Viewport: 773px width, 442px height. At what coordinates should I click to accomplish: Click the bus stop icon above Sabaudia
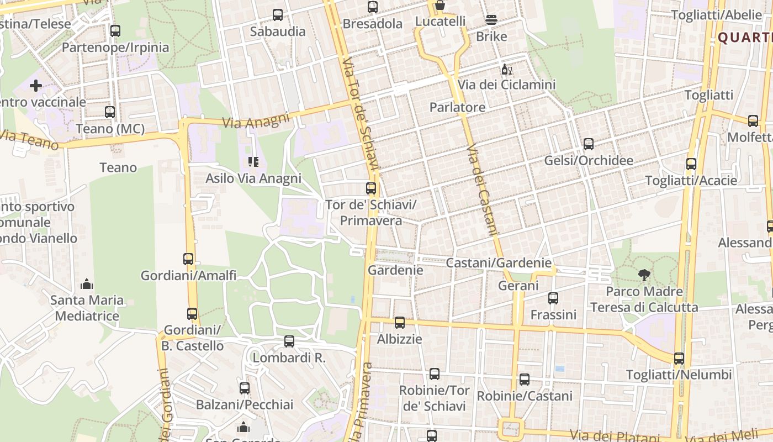tap(278, 15)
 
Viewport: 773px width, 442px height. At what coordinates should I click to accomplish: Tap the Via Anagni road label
tap(256, 120)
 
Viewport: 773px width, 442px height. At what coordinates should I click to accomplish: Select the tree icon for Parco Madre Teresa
tap(644, 275)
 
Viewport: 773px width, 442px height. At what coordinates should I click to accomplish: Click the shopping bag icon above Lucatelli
tap(440, 6)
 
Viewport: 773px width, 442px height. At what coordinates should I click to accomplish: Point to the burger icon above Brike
tap(491, 20)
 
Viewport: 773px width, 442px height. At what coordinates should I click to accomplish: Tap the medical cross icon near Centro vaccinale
tap(36, 86)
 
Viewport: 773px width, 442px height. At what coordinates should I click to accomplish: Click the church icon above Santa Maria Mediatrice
tap(86, 284)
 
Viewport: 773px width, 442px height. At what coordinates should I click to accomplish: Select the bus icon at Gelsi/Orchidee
tap(589, 144)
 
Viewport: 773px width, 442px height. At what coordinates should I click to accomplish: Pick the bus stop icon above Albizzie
tap(400, 323)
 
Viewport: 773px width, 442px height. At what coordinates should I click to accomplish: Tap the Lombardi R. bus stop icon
tap(289, 341)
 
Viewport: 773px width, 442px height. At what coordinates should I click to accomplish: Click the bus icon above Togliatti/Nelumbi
tap(679, 359)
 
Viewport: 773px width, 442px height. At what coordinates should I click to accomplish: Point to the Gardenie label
tap(395, 270)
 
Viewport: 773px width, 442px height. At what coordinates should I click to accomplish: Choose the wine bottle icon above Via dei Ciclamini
tap(506, 70)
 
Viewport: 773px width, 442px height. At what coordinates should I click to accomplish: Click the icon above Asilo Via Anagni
tap(253, 162)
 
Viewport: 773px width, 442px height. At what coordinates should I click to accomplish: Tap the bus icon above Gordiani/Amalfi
tap(188, 259)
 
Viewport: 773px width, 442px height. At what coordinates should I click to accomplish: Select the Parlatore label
tap(457, 107)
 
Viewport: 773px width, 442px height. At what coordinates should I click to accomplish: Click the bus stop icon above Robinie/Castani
tap(525, 380)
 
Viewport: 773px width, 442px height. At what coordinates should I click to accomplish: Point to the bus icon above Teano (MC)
tap(110, 112)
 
